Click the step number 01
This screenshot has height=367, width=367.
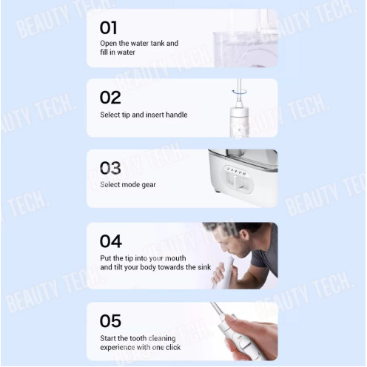[x=108, y=27]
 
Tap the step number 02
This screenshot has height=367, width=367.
[x=110, y=98]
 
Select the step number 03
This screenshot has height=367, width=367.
[x=110, y=168]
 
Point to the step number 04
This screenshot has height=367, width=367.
[x=111, y=241]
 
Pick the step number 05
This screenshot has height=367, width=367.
[x=110, y=321]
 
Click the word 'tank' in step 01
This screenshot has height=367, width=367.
[x=158, y=43]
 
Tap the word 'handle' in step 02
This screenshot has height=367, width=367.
[x=176, y=115]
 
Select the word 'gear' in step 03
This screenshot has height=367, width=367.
[x=149, y=185]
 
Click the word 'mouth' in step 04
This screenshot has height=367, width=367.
[x=175, y=258]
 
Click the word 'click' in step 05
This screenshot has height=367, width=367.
[x=173, y=347]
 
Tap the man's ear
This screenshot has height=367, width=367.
[x=244, y=235]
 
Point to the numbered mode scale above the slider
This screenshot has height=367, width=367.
[x=236, y=171]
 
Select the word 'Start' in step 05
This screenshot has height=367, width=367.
[x=107, y=338]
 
